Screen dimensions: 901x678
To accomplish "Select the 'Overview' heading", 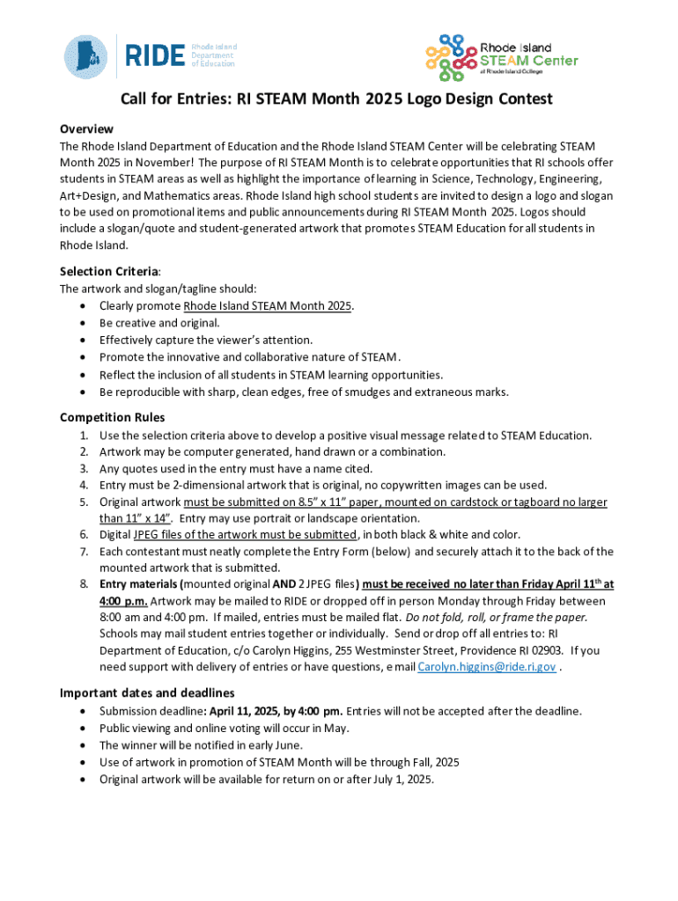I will [x=86, y=128].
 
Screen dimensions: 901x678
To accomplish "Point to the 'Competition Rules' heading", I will [x=112, y=417].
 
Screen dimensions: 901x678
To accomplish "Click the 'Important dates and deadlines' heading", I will [x=147, y=692].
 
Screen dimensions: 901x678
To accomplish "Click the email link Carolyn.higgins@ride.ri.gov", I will [x=486, y=667].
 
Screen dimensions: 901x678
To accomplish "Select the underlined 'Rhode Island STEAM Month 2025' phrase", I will [x=267, y=306].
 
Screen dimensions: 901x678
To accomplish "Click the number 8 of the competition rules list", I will [x=84, y=584].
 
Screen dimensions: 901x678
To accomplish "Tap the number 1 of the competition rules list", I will [x=84, y=436].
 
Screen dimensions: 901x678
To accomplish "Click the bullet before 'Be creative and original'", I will [x=82, y=323].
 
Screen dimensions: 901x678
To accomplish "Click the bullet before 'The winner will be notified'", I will [x=82, y=745].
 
